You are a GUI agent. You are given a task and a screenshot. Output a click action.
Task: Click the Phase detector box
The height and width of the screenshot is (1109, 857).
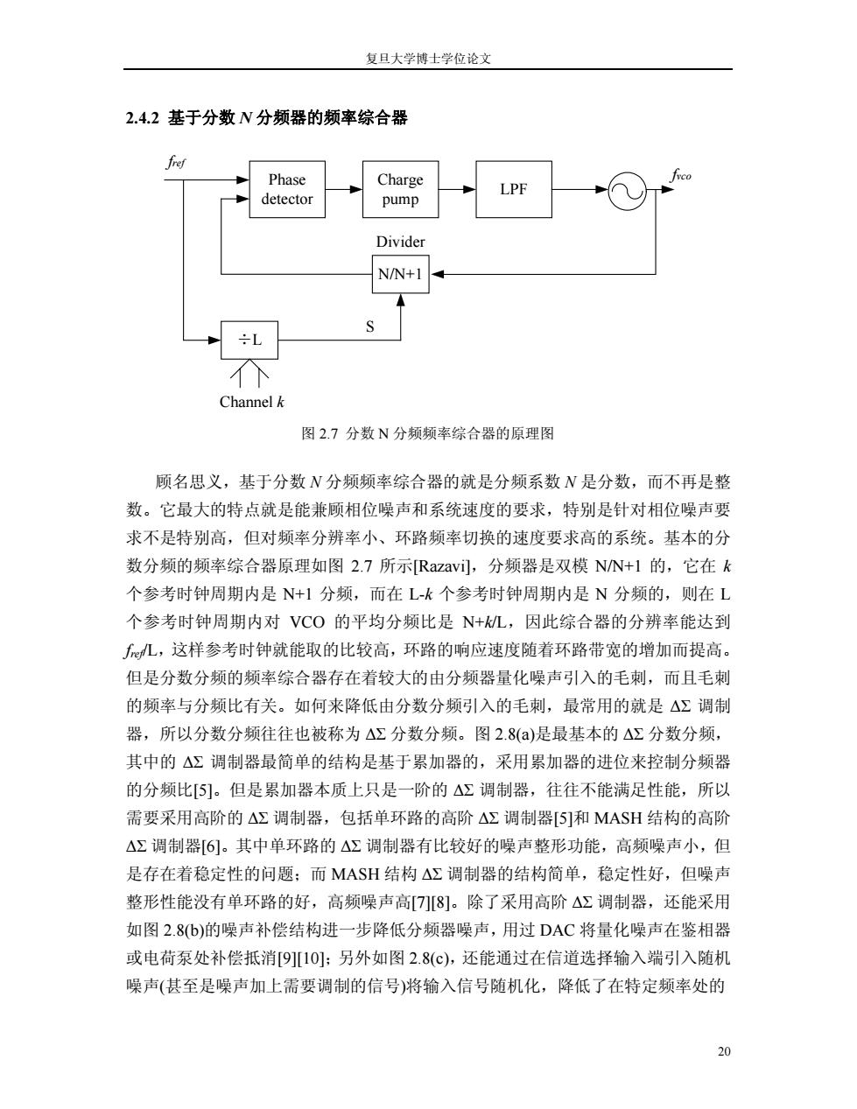287,189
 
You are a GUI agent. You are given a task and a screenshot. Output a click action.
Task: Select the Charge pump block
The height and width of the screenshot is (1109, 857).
400,189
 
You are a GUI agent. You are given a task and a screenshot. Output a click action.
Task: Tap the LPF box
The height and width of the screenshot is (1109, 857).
514,189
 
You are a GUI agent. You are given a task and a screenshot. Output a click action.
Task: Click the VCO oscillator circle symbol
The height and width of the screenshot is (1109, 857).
628,190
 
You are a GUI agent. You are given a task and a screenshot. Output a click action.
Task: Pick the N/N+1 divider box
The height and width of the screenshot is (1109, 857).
400,274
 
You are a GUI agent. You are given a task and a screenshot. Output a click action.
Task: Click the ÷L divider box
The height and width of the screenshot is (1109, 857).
249,340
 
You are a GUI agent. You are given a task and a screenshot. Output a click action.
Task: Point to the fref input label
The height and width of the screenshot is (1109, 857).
176,163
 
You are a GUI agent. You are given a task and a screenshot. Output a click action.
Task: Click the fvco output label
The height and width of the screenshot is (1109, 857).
681,176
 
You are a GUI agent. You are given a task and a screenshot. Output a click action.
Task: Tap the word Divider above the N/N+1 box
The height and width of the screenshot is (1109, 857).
400,242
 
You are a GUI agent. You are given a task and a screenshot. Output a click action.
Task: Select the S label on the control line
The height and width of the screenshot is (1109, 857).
370,326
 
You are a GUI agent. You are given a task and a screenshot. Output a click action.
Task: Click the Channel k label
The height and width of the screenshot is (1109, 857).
251,402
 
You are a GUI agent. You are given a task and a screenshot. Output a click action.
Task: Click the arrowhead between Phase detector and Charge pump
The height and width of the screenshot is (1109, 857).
356,189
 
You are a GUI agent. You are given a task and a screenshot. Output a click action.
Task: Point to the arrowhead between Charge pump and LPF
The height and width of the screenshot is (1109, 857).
469,189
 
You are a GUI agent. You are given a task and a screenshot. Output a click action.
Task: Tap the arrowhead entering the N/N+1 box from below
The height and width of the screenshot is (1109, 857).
401,299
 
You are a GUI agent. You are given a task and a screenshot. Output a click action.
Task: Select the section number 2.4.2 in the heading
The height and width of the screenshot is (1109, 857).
143,118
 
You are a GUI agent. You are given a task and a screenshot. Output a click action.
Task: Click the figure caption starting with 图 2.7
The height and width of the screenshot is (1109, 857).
428,433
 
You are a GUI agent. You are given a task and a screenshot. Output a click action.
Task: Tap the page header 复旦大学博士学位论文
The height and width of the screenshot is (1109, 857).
428,59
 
